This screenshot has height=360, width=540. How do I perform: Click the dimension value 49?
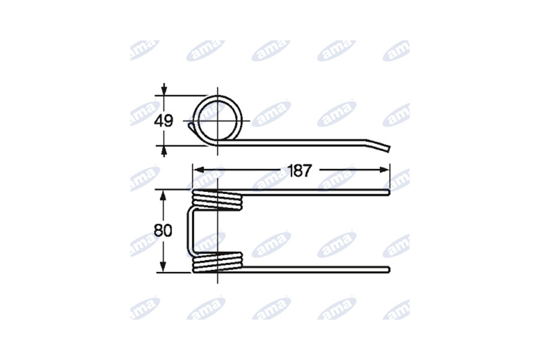164,121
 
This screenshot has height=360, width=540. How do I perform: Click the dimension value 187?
300,171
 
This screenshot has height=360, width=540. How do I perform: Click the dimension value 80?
163,230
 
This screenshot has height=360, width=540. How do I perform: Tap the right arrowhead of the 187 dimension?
385,169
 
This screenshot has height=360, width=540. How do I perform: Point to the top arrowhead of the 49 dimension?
164,90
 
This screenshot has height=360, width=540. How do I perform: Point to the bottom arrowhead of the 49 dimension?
164,151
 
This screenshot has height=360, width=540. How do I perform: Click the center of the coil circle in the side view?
218,120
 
